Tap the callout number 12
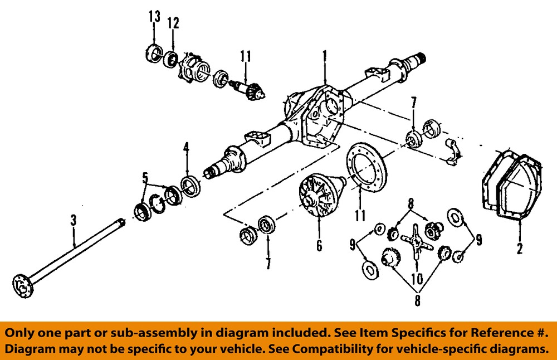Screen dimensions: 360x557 173,23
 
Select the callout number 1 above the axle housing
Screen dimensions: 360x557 325,56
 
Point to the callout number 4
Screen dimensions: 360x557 187,148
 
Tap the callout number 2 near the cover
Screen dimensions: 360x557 520,248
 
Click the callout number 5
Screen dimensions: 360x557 145,179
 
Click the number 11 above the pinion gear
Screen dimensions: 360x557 246,56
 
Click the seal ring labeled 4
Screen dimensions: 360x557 191,186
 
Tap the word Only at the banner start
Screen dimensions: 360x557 21,333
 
